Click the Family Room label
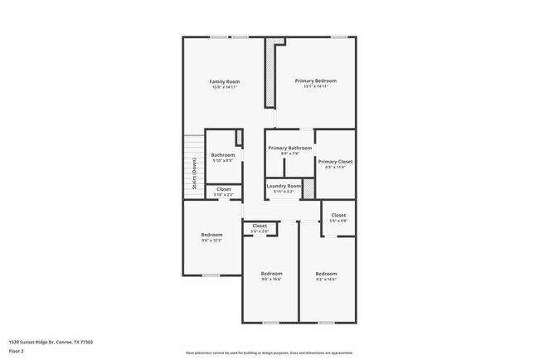click(x=225, y=81)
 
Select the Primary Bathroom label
click(x=289, y=148)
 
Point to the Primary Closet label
click(x=335, y=162)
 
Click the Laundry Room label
click(x=284, y=186)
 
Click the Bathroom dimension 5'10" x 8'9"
click(x=223, y=161)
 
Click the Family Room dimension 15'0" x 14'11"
click(x=225, y=87)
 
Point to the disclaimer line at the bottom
click(x=269, y=353)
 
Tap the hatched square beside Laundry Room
click(x=308, y=189)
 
